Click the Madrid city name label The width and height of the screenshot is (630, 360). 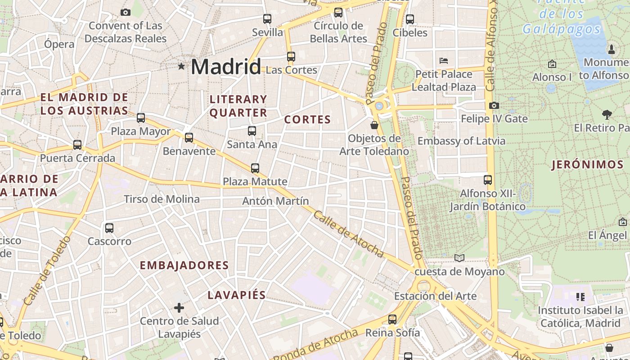pos(225,67)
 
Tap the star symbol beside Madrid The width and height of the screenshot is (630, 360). pos(181,66)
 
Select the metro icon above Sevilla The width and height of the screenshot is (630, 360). pos(267,19)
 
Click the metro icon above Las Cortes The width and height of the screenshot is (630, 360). pos(291,57)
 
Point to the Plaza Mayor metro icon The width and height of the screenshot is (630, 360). pos(141,118)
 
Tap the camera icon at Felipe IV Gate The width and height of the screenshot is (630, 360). pos(494,105)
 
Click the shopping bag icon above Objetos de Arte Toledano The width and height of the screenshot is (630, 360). pos(374,125)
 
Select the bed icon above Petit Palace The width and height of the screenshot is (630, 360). pos(444,60)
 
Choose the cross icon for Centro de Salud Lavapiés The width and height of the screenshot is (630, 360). pos(179,308)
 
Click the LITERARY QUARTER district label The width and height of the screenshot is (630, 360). pos(238,106)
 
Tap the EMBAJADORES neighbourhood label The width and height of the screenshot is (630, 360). pos(184,265)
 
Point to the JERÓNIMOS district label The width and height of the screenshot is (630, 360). pos(588,165)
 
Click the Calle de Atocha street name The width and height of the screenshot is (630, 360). pos(349,234)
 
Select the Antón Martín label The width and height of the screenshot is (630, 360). pos(276,201)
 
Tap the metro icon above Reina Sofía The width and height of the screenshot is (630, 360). pos(392,319)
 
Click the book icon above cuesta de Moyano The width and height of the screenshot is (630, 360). pos(459,258)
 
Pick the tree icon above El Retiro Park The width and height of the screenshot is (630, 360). pos(607,115)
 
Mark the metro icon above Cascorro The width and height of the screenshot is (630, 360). pos(109,228)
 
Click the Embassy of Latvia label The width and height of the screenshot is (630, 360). pos(461,141)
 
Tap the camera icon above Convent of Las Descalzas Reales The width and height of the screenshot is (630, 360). pos(126,12)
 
